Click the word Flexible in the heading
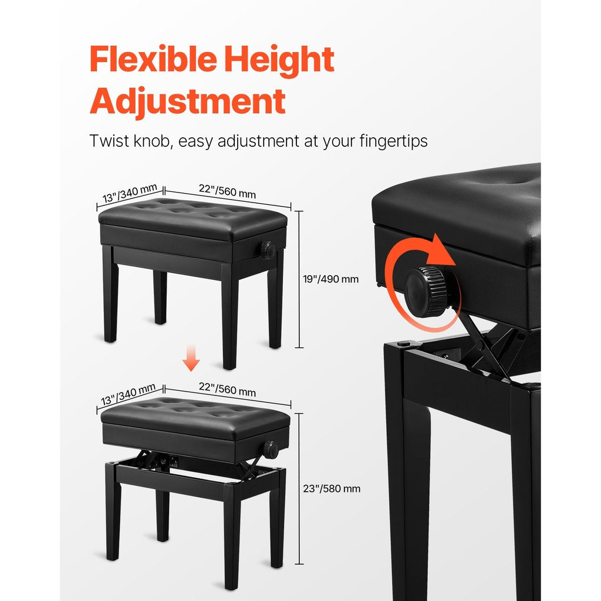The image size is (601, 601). (x=154, y=59)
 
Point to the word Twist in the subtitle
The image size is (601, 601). (x=109, y=141)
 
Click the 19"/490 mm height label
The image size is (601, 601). (x=331, y=279)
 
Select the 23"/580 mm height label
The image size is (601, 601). (x=332, y=489)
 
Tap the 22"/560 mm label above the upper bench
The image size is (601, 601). (x=227, y=191)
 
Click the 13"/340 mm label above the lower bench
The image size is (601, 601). (x=128, y=394)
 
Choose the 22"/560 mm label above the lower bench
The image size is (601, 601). (x=227, y=390)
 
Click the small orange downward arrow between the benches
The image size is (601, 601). (x=191, y=357)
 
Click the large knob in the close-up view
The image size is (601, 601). (x=427, y=292)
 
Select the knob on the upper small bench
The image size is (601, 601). (x=268, y=250)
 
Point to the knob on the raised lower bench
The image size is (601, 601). (x=271, y=450)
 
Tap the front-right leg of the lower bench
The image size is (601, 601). (x=231, y=536)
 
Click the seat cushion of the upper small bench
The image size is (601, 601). (x=193, y=218)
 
